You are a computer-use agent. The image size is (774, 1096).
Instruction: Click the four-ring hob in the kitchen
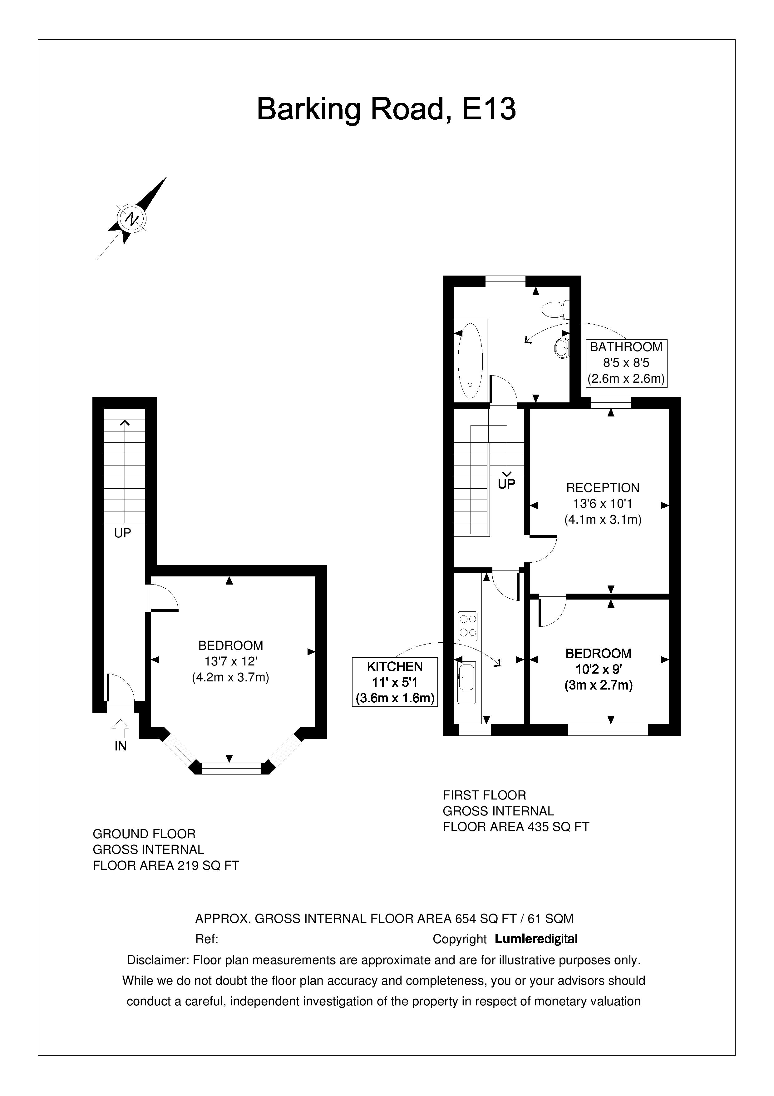tap(467, 626)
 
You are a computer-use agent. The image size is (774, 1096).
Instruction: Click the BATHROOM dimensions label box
tap(626, 363)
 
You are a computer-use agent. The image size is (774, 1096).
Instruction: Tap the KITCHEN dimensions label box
tap(395, 682)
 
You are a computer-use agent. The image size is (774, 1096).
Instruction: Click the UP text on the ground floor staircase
tap(123, 533)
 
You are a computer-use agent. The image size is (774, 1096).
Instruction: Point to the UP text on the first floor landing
tap(506, 484)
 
